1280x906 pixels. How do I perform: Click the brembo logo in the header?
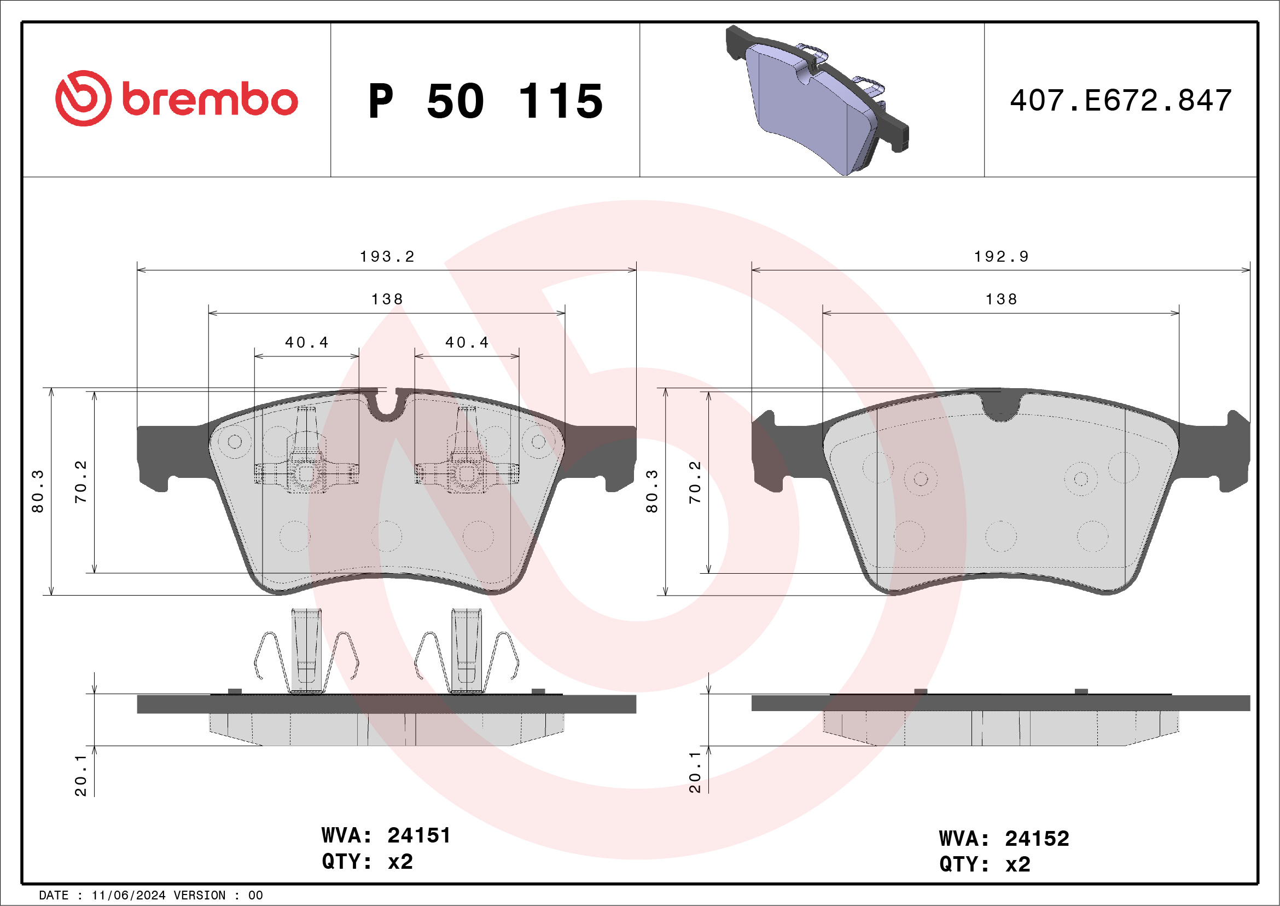(x=176, y=98)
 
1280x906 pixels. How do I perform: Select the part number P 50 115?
(x=486, y=101)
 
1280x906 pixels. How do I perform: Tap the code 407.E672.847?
(x=1121, y=100)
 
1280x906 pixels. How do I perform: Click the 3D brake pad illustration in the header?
(x=817, y=100)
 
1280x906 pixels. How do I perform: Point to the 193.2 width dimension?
(x=387, y=257)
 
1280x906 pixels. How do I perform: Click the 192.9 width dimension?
(x=1001, y=257)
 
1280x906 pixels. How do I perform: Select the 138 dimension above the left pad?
(x=387, y=299)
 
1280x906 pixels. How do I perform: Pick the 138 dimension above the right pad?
(x=1001, y=299)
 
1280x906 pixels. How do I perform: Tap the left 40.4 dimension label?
(x=307, y=343)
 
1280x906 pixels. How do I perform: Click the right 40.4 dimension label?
(x=467, y=343)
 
